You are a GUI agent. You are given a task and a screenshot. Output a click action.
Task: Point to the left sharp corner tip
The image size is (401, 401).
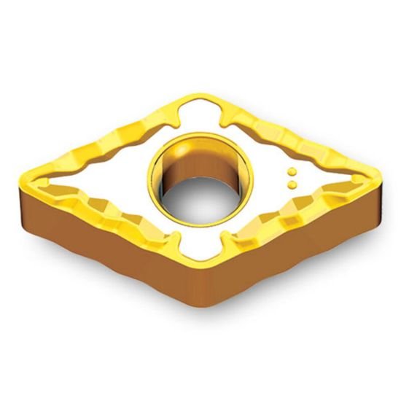point(23,173)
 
